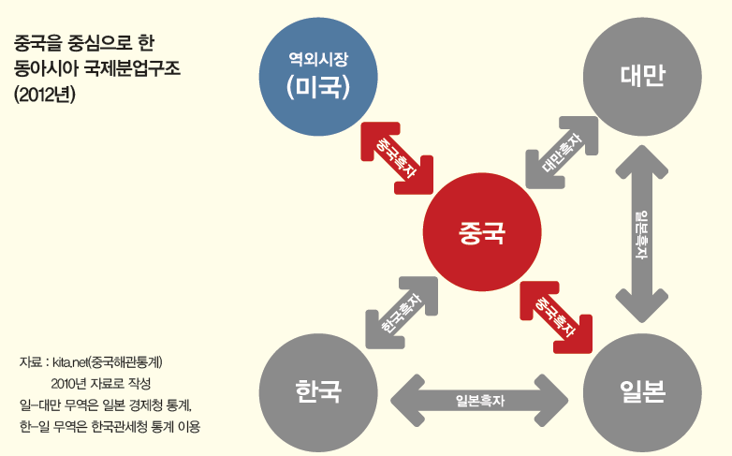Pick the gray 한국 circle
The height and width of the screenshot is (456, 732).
click(x=318, y=390)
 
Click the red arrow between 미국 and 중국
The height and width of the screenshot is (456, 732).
click(x=397, y=155)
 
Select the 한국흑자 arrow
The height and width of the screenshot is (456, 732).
click(x=400, y=313)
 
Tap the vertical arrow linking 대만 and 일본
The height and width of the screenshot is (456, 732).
click(x=642, y=234)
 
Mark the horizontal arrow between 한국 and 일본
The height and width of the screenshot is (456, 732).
click(x=480, y=399)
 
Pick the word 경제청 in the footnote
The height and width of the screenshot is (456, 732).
click(x=148, y=405)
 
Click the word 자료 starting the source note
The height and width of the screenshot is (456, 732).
click(x=32, y=360)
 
